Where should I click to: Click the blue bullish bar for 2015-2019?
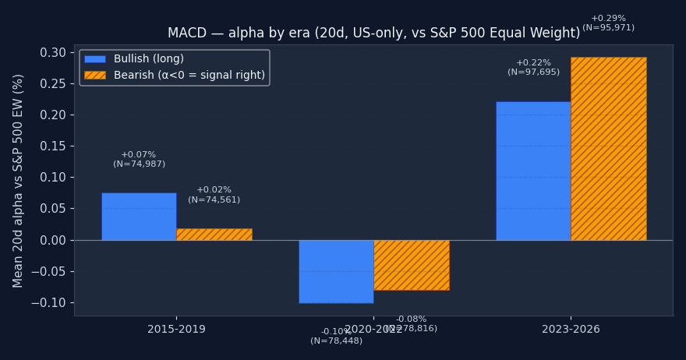139,216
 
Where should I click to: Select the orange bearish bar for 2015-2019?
214,234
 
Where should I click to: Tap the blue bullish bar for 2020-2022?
336,271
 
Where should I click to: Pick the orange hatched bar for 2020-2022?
412,265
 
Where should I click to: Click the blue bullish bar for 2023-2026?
533,171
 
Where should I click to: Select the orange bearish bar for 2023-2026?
608,148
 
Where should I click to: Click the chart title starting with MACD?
373,34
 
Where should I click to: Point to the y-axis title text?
19,180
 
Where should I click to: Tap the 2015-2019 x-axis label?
176,330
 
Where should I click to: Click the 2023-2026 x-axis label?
571,330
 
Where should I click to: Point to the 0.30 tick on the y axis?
52,53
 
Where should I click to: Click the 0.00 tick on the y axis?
52,240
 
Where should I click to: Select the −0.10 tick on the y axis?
50,303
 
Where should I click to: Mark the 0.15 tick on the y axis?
52,146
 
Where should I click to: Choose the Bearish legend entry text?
189,76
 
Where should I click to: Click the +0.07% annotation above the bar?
139,155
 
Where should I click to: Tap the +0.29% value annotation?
608,19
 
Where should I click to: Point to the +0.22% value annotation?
533,63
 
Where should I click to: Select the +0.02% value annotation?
214,190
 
